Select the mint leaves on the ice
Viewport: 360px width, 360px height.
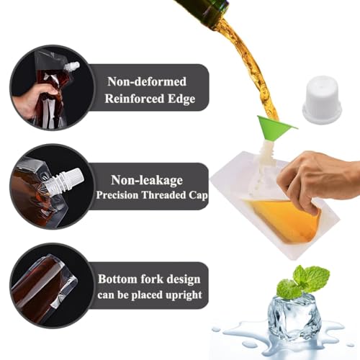pyautogui.click(x=302, y=282)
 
